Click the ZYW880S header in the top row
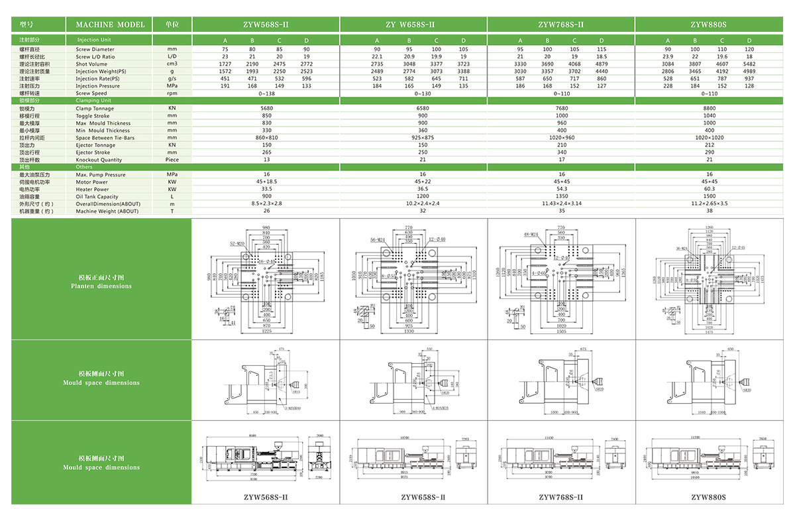pos(708,25)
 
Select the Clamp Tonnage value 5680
pos(266,108)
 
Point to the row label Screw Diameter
pos(95,49)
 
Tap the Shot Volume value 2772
pos(306,64)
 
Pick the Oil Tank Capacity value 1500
pos(710,196)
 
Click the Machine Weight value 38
pos(710,211)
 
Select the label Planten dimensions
pos(101,286)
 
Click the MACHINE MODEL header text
pos(110,25)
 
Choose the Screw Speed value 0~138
pos(266,93)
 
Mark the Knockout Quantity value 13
pos(266,160)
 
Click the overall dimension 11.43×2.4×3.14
pos(562,203)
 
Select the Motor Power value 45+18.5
pos(266,182)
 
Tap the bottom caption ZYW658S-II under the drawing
pos(423,497)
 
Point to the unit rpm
pos(172,93)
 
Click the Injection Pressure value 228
pos(668,86)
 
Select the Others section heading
pos(84,167)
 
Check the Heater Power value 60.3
pos(710,189)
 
